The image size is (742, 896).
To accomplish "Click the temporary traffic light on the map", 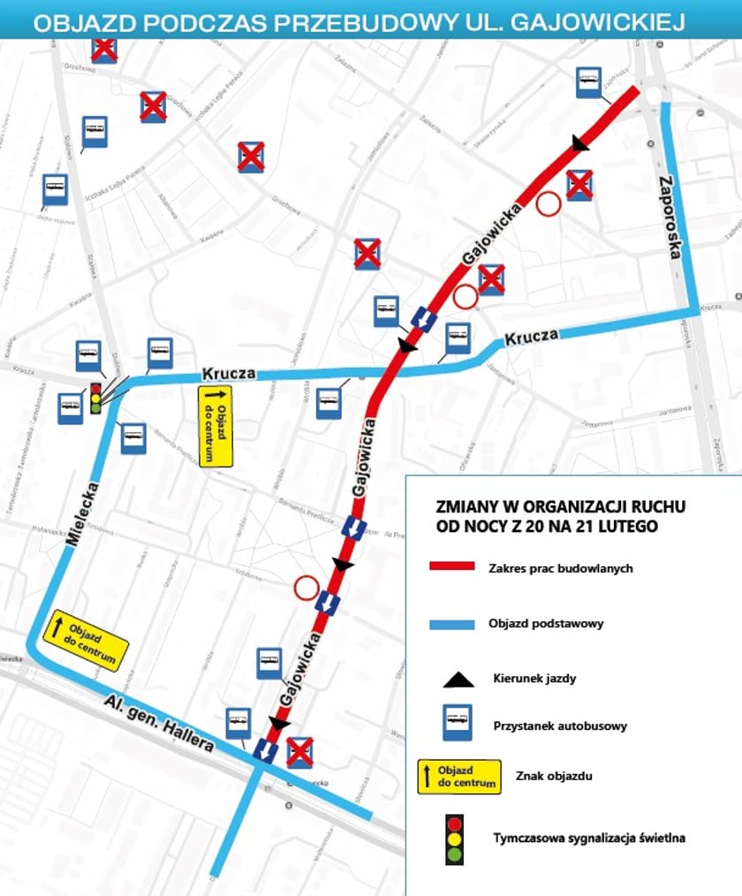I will (95, 398).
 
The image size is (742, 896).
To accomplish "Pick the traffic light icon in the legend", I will (454, 838).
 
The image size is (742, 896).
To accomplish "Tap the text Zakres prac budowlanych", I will (560, 568).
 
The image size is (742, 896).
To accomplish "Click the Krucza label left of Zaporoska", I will (532, 337).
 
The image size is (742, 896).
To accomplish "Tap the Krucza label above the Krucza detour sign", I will (229, 374).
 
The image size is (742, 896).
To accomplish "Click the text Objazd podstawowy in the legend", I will (546, 624).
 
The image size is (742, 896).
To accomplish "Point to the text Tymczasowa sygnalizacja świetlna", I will (588, 838).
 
